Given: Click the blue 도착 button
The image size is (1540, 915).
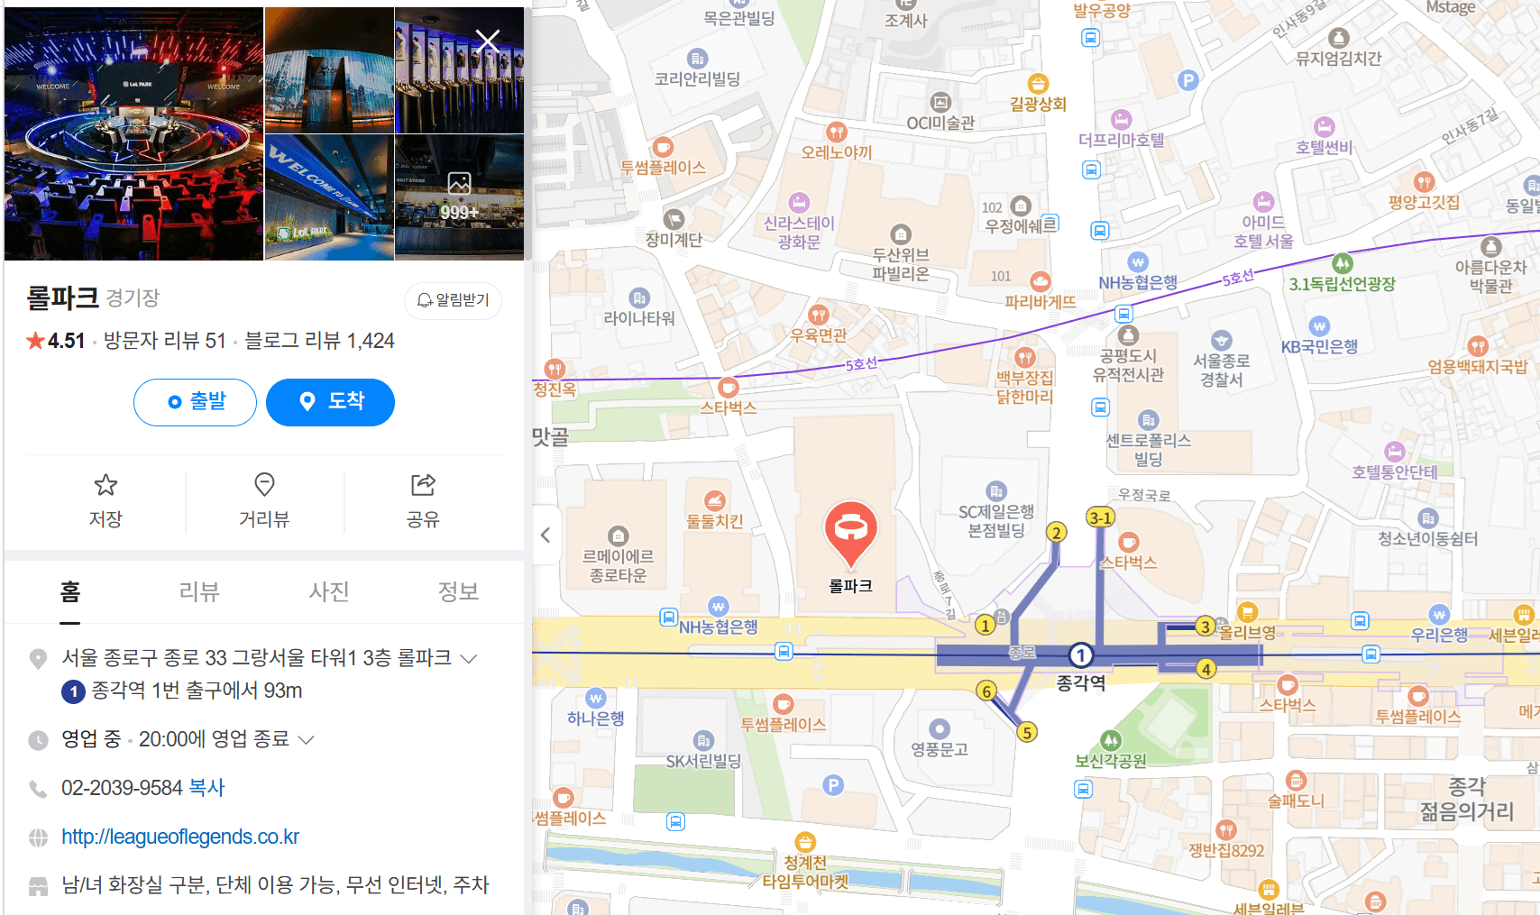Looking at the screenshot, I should pos(330,402).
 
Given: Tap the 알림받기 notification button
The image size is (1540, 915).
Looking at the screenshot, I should pos(453,300).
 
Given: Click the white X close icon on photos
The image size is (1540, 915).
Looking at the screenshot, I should pos(488,41).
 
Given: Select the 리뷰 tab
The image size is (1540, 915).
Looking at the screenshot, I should pos(199,591).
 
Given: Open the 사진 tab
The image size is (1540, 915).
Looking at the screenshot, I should pos(329,591).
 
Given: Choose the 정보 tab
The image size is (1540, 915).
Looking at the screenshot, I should pos(458,591).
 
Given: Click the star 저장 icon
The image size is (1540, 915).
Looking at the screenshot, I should pos(105,486).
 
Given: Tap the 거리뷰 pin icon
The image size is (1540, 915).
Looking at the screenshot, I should pos(264,485).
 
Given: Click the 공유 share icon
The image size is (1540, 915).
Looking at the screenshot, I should pos(423,485).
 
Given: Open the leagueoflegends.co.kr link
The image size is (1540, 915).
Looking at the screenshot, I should pos(180,837).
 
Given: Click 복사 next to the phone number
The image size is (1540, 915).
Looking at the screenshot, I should pos(206,788).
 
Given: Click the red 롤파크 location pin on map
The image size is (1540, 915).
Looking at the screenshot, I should pos(850,530).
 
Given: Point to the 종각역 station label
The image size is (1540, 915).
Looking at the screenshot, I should pos(1081,683).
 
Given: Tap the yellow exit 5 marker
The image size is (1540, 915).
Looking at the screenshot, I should pos(1027,732).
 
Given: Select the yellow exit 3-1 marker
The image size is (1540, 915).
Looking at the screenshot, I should pos(1100,517).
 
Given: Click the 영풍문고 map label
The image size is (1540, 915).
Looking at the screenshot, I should pos(940,749).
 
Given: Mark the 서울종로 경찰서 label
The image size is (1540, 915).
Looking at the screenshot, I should pos(1221,370).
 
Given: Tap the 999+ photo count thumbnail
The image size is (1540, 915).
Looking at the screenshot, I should pos(459,197).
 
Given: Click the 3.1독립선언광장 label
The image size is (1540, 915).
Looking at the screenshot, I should pos(1342,284).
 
